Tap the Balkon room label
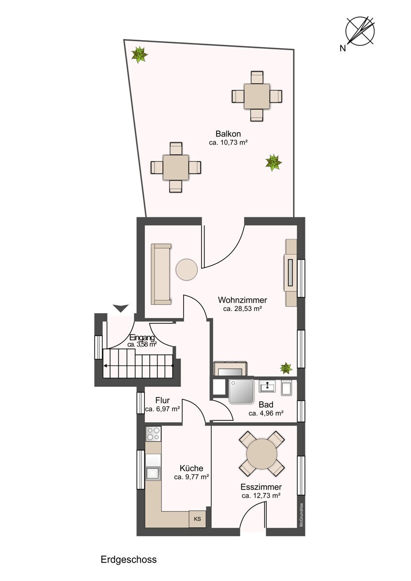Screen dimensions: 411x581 click(228, 134)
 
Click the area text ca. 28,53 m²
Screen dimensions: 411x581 click(242, 309)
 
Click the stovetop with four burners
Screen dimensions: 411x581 click(153, 434)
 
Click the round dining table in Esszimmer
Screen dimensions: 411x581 click(262, 454)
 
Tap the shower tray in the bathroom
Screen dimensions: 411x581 click(241, 391)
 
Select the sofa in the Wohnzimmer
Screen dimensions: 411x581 click(161, 274)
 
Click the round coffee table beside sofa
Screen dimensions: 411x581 click(187, 270)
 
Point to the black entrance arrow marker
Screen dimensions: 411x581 click(121, 308)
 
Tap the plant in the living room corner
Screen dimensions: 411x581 click(286, 368)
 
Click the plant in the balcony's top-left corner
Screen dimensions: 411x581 click(140, 55)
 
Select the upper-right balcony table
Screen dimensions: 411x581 click(257, 96)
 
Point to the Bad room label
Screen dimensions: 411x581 click(266, 405)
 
